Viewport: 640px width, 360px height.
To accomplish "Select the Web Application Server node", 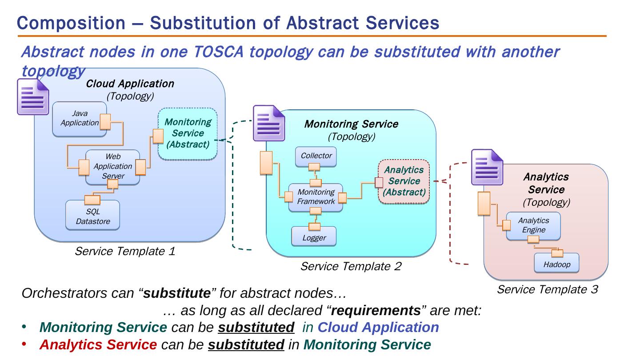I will coord(112,167).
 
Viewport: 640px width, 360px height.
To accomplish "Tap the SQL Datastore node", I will coord(92,216).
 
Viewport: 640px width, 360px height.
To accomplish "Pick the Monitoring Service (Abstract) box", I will coord(188,133).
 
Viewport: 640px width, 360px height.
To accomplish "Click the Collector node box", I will coord(316,156).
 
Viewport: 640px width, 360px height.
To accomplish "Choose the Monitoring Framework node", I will coord(316,197).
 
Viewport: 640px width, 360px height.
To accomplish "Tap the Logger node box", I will coord(314,238).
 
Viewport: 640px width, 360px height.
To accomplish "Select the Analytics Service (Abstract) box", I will coord(404,181).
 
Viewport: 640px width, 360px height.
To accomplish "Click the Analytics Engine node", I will coord(533,225).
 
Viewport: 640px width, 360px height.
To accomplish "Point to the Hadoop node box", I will coord(556,264).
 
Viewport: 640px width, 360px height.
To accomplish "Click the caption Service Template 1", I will coord(125,252).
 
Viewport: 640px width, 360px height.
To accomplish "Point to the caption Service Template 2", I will coord(351,267).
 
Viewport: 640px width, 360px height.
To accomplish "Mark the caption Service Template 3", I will coord(547,290).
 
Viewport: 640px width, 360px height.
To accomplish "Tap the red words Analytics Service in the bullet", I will coord(98,345).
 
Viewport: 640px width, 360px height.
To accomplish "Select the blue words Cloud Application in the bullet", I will coord(378,328).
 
